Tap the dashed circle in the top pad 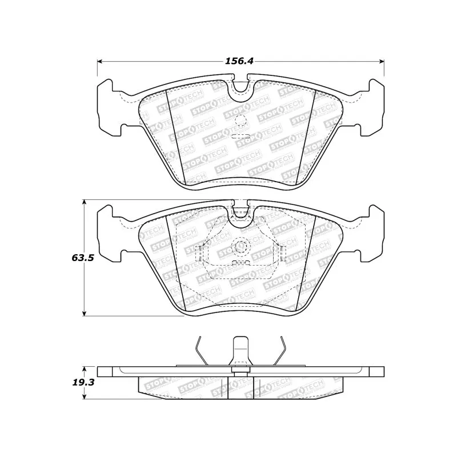coord(240,121)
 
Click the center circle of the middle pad coord(240,247)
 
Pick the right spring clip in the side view coord(282,348)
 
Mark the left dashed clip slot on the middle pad coord(200,252)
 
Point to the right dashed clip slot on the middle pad coord(280,252)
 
